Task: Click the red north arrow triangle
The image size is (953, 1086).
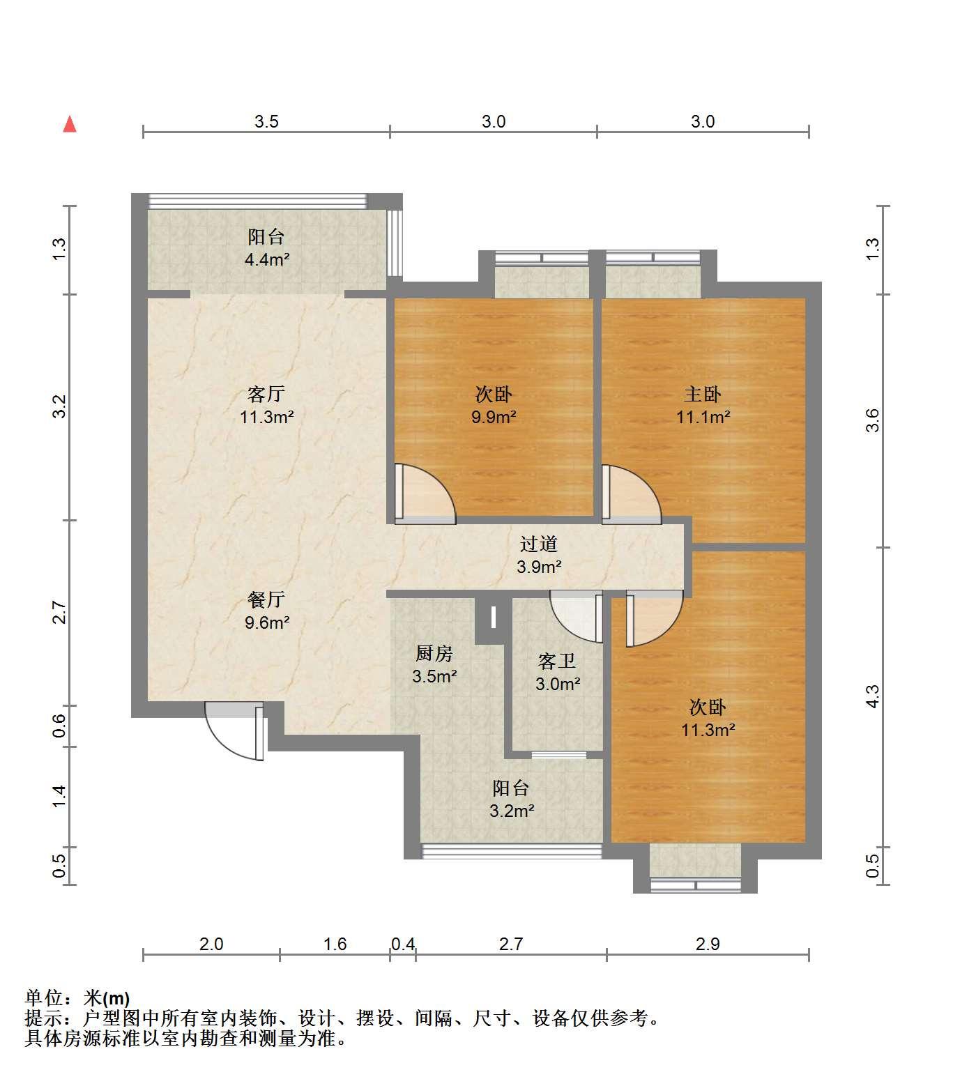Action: point(70,125)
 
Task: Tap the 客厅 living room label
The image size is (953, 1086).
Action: point(266,395)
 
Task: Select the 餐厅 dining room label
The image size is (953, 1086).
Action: point(266,599)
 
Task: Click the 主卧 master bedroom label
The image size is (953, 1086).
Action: point(703,395)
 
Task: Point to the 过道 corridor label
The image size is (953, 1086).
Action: point(539,544)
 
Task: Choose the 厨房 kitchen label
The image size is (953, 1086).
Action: point(434,653)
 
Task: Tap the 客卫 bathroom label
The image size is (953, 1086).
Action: point(557,661)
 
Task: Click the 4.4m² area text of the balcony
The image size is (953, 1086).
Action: point(266,260)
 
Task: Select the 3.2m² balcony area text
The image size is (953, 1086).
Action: point(511,811)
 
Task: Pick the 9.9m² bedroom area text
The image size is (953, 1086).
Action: point(494,418)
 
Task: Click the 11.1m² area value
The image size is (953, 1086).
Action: point(703,418)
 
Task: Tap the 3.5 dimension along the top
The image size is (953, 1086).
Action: point(266,122)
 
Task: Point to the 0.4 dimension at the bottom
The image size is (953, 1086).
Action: point(403,944)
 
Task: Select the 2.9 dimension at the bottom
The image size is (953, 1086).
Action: point(708,944)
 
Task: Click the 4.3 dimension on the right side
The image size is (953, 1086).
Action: point(873,696)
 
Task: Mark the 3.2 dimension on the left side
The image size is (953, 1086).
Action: point(59,406)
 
